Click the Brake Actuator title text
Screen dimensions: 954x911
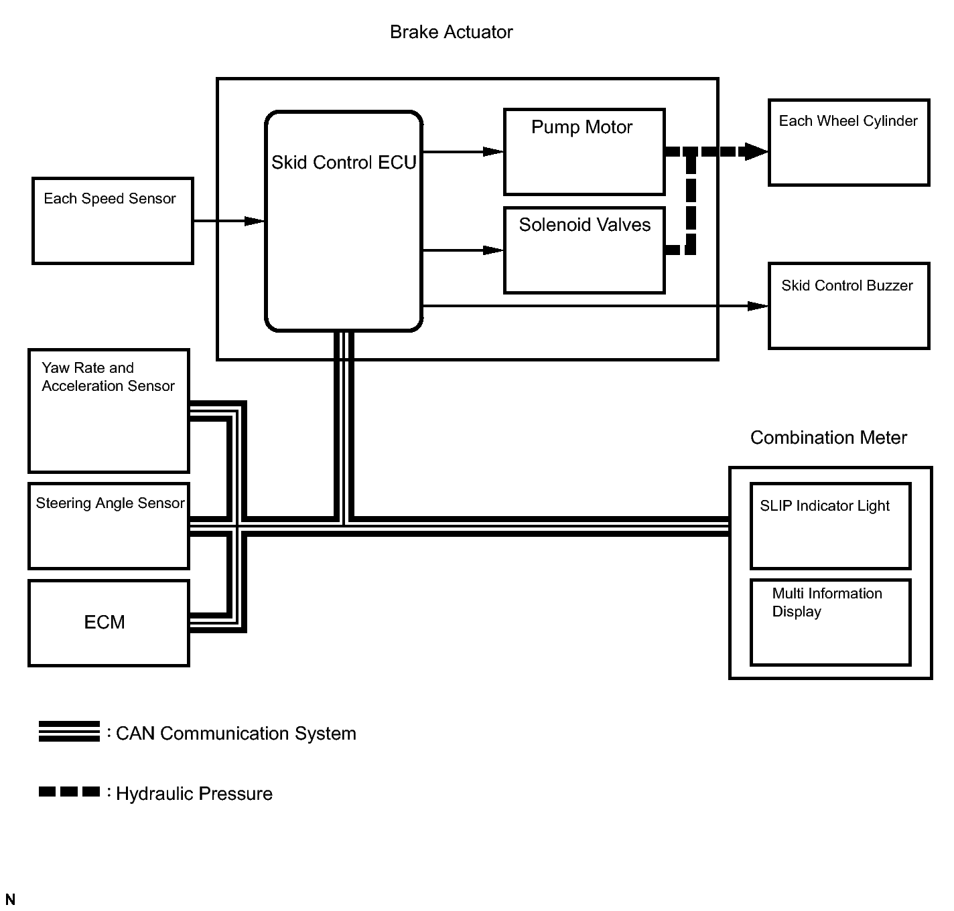pyautogui.click(x=451, y=32)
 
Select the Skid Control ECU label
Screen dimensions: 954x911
pyautogui.click(x=344, y=163)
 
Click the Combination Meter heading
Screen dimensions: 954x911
pyautogui.click(x=829, y=438)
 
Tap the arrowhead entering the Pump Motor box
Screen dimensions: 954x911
pyautogui.click(x=493, y=152)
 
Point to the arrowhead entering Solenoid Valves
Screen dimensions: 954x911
pyautogui.click(x=493, y=250)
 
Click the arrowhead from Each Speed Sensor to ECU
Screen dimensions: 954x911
pyautogui.click(x=255, y=221)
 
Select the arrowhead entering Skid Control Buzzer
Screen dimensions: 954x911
pyautogui.click(x=758, y=306)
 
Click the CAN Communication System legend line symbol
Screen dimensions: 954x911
pyautogui.click(x=69, y=731)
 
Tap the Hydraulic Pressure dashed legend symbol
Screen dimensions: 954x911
pyautogui.click(x=69, y=791)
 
